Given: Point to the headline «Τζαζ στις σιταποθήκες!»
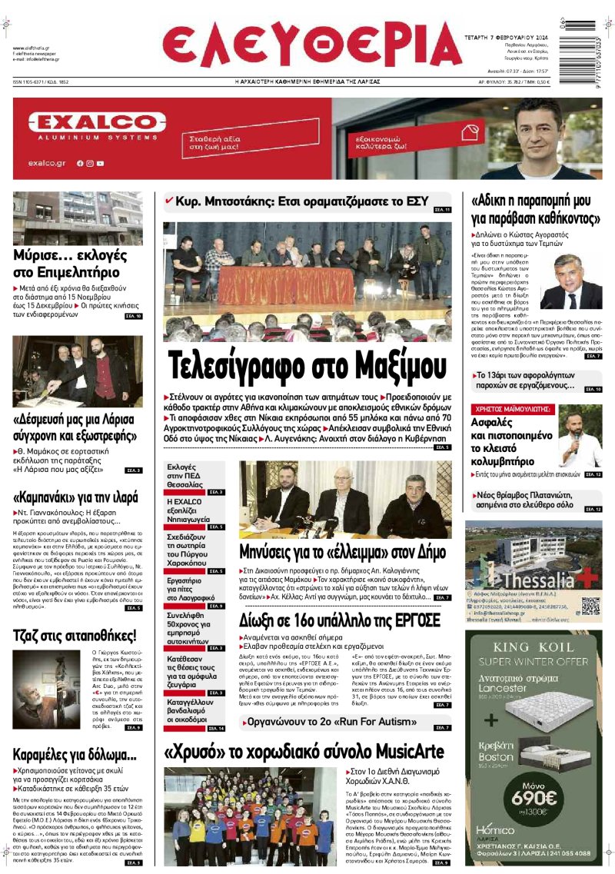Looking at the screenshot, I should [75, 635].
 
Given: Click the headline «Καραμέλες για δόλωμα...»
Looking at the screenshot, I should [75, 754].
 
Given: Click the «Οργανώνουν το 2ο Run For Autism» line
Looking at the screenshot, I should [331, 723].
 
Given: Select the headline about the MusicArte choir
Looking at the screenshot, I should [304, 751].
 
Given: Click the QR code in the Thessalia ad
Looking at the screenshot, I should [590, 606].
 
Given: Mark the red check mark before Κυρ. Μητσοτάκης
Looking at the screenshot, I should [169, 200].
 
